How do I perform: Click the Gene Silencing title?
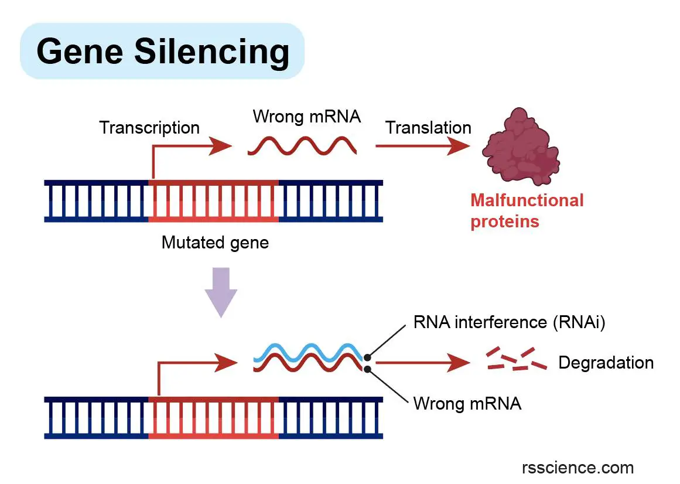pos(162,52)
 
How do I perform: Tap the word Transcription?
pos(149,128)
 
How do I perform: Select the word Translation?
pos(428,128)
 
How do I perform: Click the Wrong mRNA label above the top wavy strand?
pos(306,116)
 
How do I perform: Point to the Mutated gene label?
pos(215,242)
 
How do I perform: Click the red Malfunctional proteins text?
pos(527,211)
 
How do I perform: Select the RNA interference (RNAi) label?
pos(508,322)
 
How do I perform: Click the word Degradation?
pos(606,363)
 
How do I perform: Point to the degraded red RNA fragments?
pos(516,360)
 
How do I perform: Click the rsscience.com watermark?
pos(578,468)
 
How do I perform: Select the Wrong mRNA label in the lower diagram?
pos(467,404)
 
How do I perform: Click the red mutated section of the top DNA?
pos(213,201)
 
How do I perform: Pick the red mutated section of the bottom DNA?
pos(213,418)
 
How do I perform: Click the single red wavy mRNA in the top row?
pos(302,146)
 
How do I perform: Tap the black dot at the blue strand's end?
pos(367,357)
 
